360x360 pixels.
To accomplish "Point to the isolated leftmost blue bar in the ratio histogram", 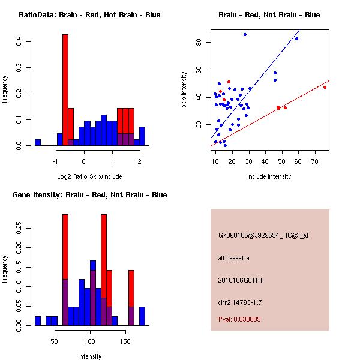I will [37, 143].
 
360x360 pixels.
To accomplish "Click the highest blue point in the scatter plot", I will [245, 35].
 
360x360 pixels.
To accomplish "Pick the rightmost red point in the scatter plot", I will [325, 87].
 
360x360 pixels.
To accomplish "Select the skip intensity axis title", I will [184, 89].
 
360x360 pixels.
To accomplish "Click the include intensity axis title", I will [269, 176].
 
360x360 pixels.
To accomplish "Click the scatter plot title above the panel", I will [269, 15].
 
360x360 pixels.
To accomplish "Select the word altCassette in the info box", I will [233, 258].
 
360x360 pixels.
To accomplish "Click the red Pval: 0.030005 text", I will [239, 319].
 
